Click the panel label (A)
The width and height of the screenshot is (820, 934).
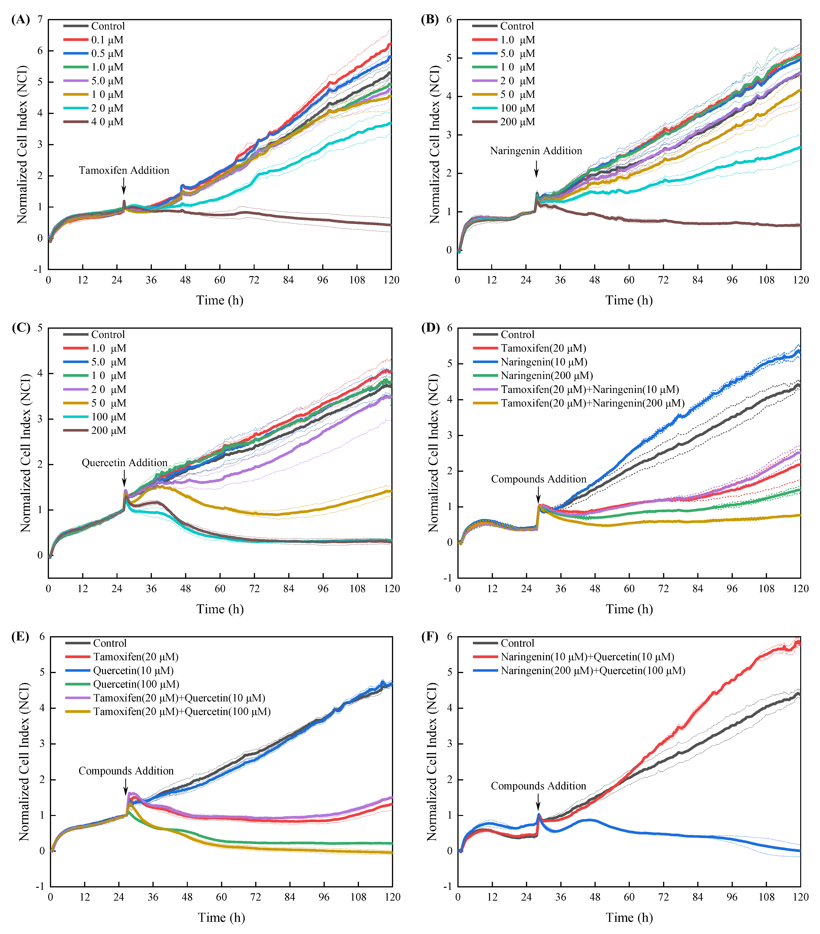click(21, 20)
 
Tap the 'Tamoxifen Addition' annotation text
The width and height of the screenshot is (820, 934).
click(124, 170)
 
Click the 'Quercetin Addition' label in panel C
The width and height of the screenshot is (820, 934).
click(124, 462)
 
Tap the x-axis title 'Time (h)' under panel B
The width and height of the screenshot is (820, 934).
click(629, 300)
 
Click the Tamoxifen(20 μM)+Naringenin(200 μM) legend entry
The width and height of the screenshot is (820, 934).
click(592, 403)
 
